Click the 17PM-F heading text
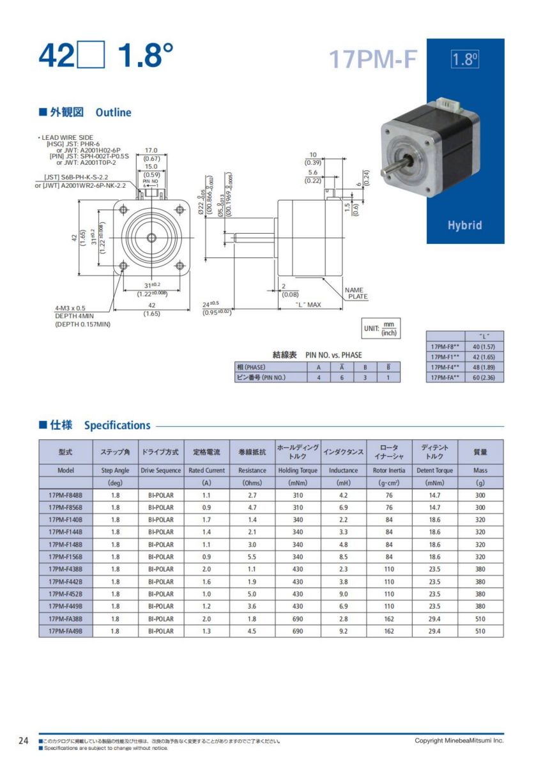click(372, 59)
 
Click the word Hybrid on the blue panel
click(464, 225)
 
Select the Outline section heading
click(113, 112)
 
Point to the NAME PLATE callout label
click(356, 293)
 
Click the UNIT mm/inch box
click(382, 329)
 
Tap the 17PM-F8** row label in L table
click(445, 346)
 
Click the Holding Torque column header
click(298, 470)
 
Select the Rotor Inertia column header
click(389, 470)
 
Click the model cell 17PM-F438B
click(65, 569)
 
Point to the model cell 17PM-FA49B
click(65, 631)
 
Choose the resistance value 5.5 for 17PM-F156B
click(252, 556)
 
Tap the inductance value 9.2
click(344, 631)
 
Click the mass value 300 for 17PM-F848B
click(480, 495)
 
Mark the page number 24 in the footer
click(23, 740)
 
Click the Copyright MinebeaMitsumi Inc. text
click(459, 740)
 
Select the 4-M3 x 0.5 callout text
click(70, 309)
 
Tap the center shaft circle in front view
click(151, 238)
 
